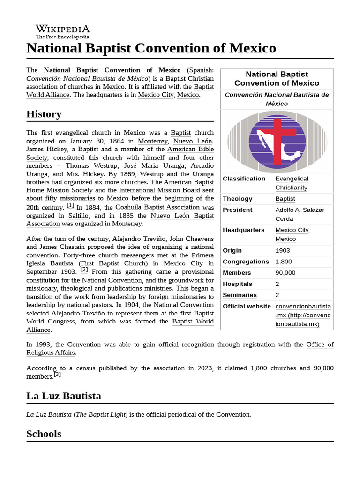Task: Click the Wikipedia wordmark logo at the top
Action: [63, 31]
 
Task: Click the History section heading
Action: [44, 114]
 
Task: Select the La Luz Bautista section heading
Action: [64, 396]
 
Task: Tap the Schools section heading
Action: [44, 434]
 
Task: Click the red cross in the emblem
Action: [277, 141]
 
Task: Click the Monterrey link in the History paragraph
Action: [153, 141]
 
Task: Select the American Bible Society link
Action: [191, 149]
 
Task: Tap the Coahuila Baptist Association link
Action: [157, 207]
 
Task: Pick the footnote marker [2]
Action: [84, 270]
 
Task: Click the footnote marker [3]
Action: [57, 375]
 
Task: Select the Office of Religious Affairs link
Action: [320, 345]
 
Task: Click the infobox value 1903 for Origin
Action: [283, 250]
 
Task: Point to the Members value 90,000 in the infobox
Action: [285, 273]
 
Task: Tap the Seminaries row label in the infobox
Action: [240, 295]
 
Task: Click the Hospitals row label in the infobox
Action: [237, 284]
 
